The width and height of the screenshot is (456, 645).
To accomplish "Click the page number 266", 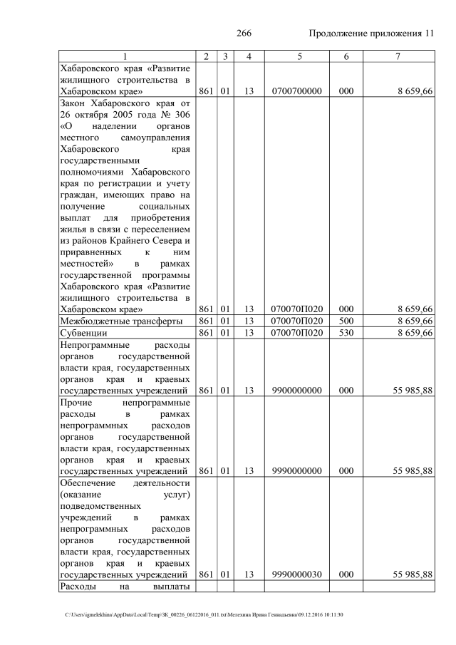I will (244, 33).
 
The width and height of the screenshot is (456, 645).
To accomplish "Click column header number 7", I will (398, 56).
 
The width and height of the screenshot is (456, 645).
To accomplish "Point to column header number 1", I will (125, 56).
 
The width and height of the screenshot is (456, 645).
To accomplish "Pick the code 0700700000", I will (296, 92).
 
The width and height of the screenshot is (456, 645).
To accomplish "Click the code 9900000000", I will (296, 390).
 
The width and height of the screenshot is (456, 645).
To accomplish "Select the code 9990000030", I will (296, 574).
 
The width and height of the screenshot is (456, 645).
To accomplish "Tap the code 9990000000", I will (296, 470).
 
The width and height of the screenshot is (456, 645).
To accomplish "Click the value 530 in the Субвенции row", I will (346, 333).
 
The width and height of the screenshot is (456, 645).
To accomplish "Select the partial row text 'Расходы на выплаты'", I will (125, 587).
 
